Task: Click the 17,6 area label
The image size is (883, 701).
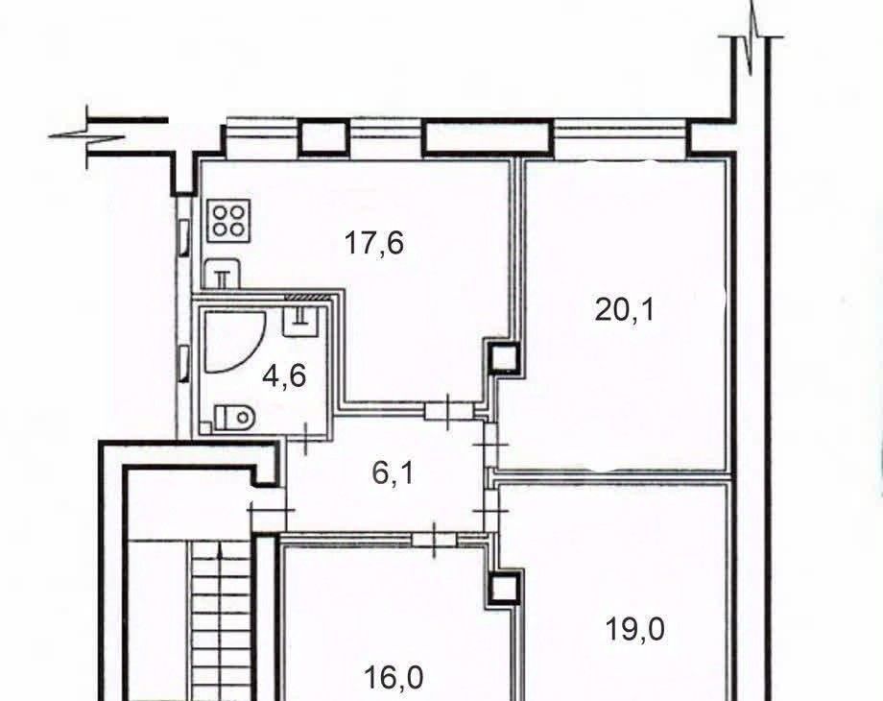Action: point(374,244)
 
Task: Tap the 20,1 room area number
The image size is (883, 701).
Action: point(625,309)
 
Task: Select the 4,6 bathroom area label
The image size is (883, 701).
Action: point(284,375)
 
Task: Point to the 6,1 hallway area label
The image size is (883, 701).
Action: point(394,472)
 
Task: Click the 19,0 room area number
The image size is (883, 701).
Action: point(634,628)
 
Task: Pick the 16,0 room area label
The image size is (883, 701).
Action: point(394,677)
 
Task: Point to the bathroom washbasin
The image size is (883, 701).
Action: point(301,321)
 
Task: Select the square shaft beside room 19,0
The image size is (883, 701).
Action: point(504,589)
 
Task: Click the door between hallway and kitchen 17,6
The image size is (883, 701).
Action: point(449,411)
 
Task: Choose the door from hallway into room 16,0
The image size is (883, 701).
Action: point(435,540)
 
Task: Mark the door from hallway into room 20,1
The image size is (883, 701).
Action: point(490,445)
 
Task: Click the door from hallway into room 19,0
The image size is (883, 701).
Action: point(490,511)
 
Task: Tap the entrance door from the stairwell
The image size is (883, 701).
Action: point(273,510)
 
